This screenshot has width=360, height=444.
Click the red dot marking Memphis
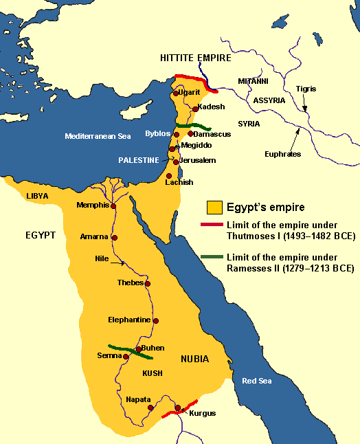pyautogui.click(x=113, y=206)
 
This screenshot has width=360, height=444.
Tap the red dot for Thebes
pyautogui.click(x=148, y=283)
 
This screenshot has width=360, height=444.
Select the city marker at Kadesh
pyautogui.click(x=196, y=109)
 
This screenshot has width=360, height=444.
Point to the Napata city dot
pyautogui.click(x=150, y=408)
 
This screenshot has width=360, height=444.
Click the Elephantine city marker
pyautogui.click(x=156, y=321)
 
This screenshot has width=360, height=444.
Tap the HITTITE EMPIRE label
pyautogui.click(x=196, y=60)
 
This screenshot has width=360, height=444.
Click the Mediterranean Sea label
pyautogui.click(x=98, y=136)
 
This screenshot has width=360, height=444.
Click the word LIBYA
pyautogui.click(x=38, y=196)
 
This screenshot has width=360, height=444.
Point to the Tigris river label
pyautogui.click(x=306, y=89)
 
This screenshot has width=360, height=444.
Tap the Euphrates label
pyautogui.click(x=282, y=155)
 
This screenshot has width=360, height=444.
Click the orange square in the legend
pyautogui.click(x=214, y=206)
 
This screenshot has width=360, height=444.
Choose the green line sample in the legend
pyautogui.click(x=214, y=256)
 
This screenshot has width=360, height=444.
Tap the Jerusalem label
pyautogui.click(x=198, y=160)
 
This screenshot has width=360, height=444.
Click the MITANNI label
pyautogui.click(x=254, y=81)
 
